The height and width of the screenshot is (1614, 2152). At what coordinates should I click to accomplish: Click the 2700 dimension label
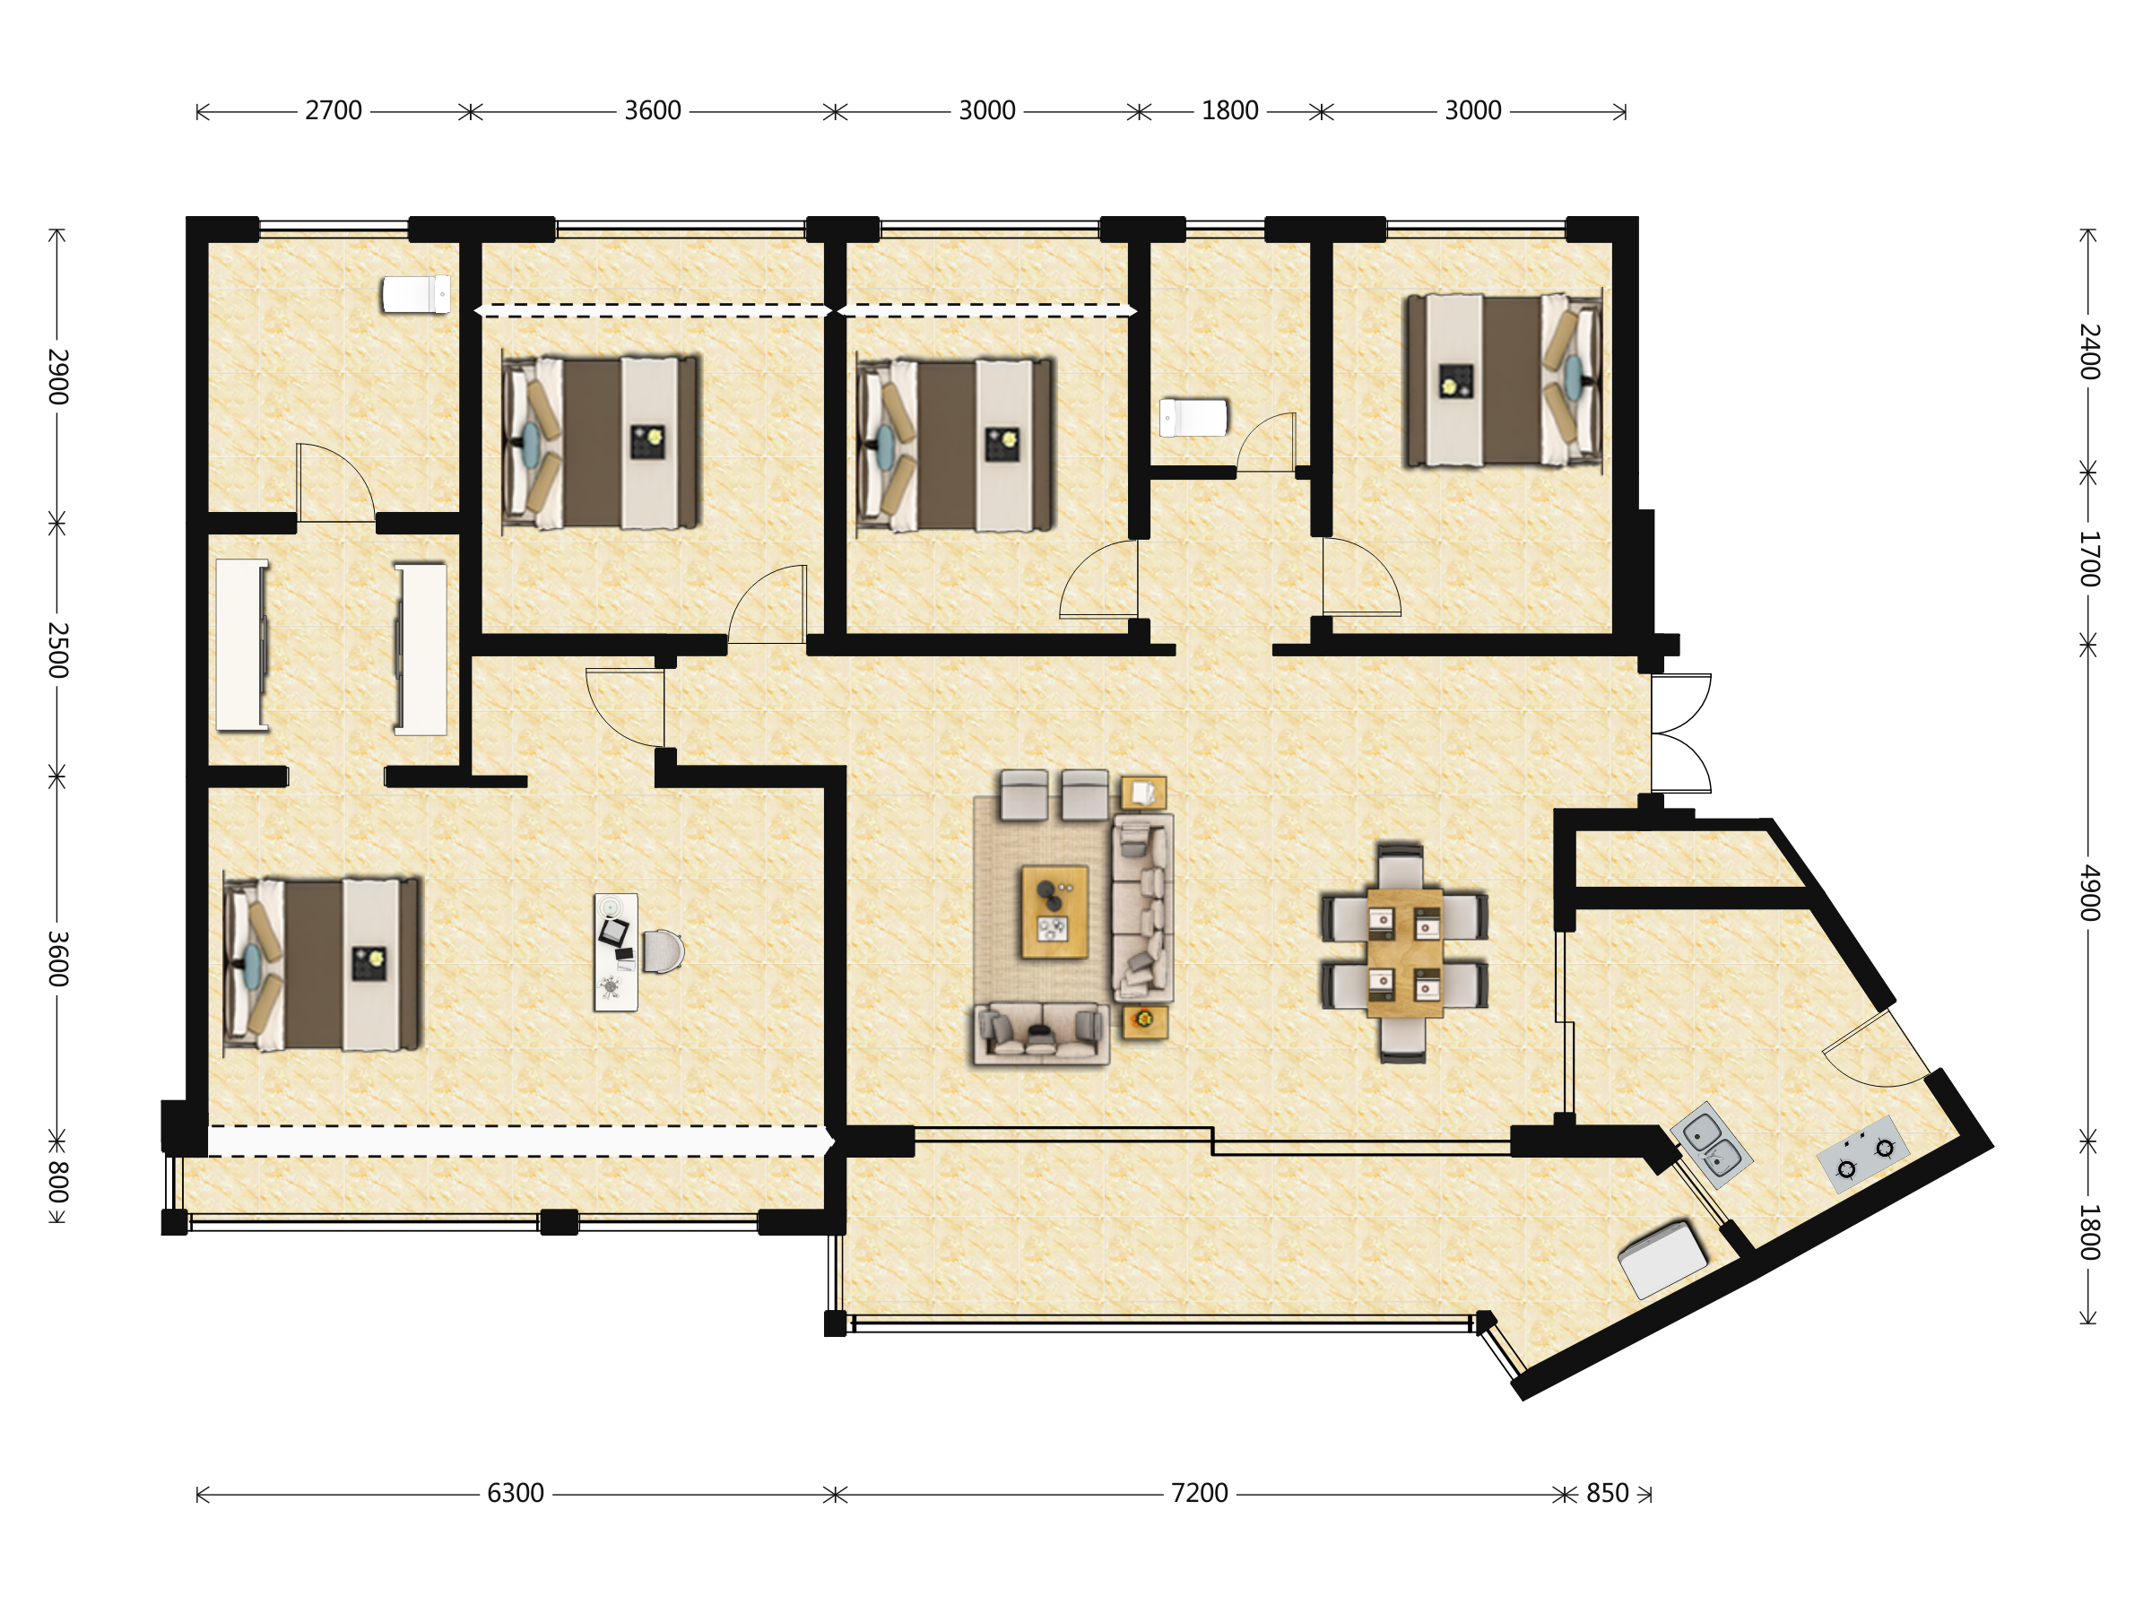point(334,111)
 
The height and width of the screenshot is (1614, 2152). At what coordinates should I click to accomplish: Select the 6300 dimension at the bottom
point(516,1493)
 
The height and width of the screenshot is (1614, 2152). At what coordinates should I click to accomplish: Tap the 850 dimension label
point(1607,1493)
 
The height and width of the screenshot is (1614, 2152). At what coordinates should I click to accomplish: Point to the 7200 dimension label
point(1200,1493)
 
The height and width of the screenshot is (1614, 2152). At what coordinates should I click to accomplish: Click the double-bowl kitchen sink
point(1711,1145)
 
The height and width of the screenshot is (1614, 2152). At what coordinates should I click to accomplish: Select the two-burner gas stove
point(1863,1155)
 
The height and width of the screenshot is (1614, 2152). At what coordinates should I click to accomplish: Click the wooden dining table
point(1404,952)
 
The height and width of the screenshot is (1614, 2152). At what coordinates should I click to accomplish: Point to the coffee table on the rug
point(1054,912)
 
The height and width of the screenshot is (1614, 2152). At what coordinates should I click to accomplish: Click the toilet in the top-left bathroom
point(416,295)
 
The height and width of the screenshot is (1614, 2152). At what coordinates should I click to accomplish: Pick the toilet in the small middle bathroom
point(1193,417)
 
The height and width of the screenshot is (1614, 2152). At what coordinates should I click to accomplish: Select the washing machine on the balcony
point(1662,1260)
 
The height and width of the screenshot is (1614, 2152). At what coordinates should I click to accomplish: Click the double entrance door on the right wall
point(1681,733)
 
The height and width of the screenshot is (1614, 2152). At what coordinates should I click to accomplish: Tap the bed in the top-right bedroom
point(1503,380)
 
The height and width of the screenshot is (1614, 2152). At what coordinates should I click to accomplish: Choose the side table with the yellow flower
point(1144,1021)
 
